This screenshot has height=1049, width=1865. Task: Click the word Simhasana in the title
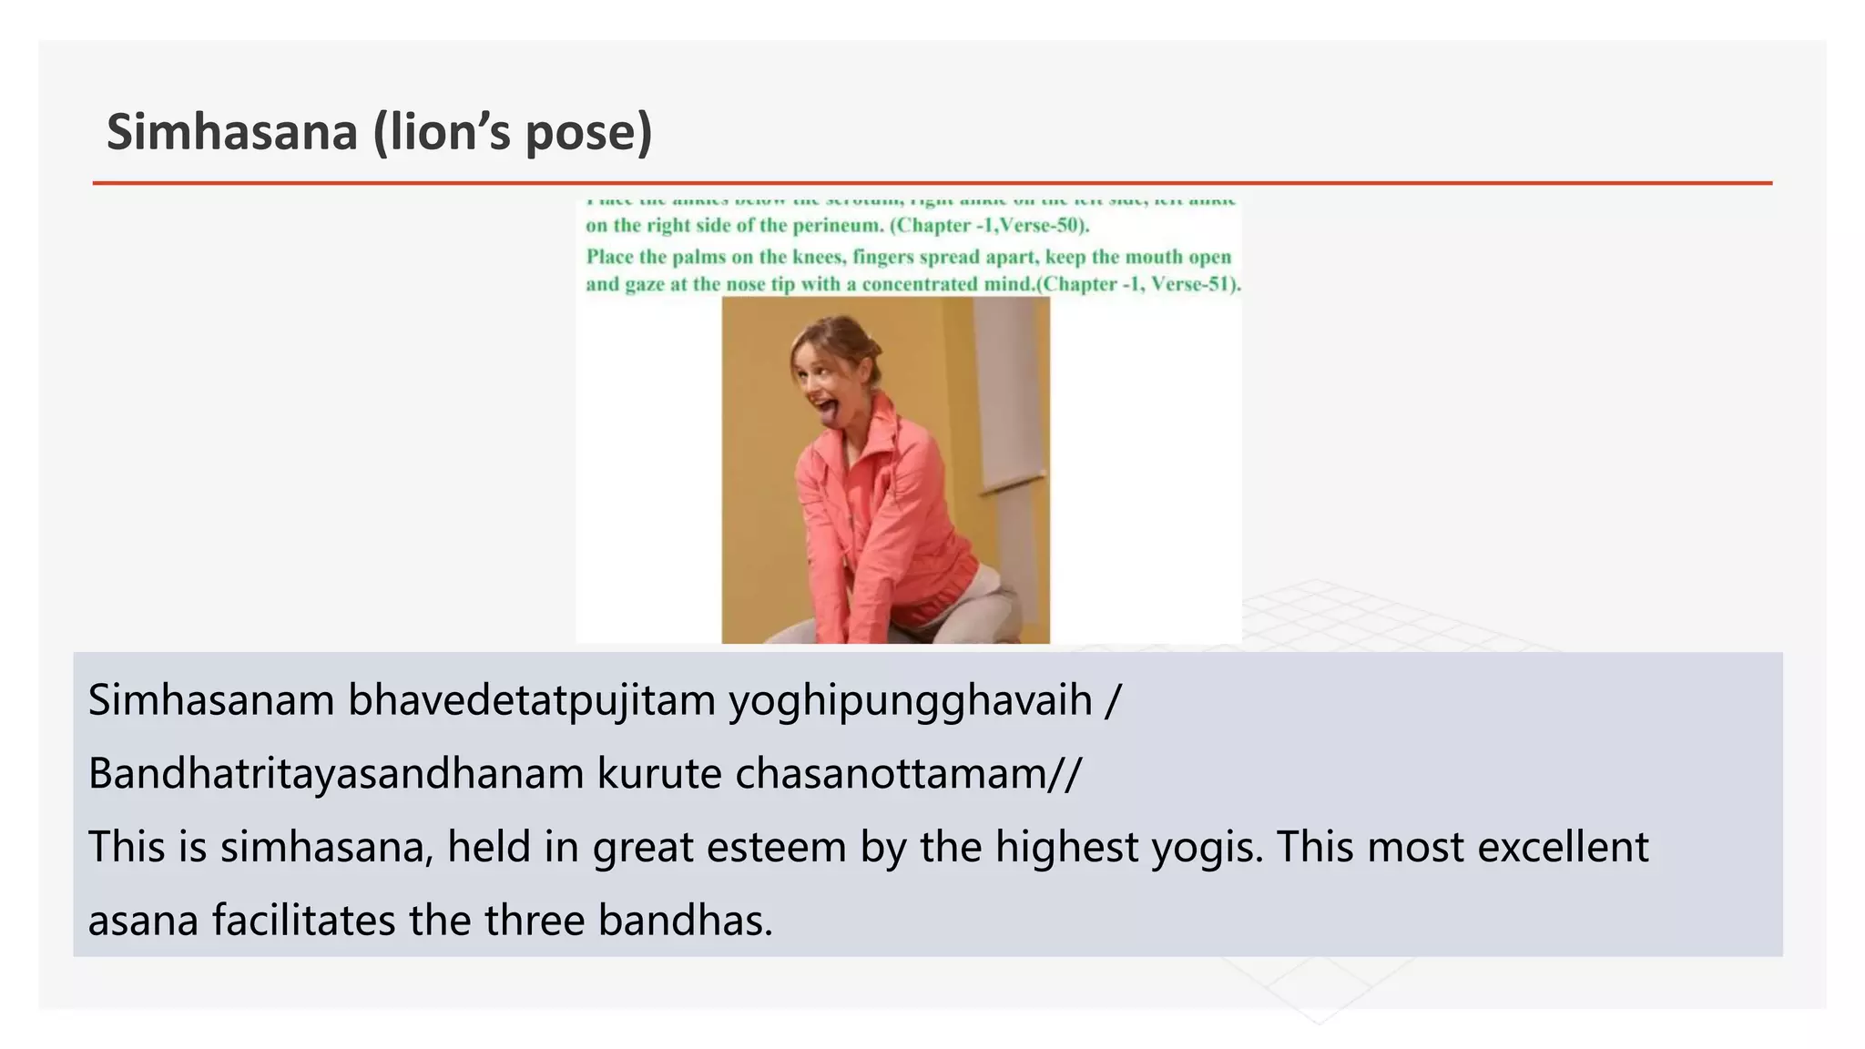[x=232, y=132]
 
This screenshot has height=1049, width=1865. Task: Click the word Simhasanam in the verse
[x=211, y=700]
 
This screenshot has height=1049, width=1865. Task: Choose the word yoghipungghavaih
[x=910, y=702]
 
